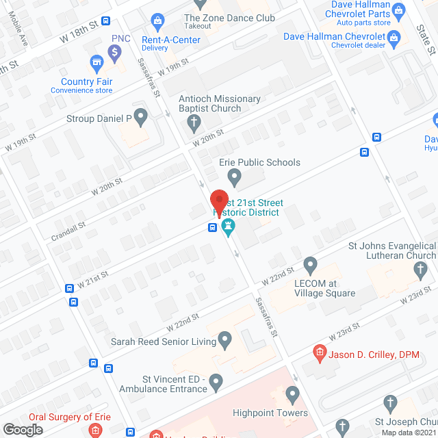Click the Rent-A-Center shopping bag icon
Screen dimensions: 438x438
tap(157, 21)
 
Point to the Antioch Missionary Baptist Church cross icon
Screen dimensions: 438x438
tap(194, 123)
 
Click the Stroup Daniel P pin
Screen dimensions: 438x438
tap(140, 118)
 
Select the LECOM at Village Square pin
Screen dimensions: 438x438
tap(311, 264)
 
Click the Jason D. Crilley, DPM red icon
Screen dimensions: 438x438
tap(319, 353)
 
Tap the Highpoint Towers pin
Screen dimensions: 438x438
tap(293, 395)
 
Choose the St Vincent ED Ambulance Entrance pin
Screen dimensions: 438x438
tap(216, 382)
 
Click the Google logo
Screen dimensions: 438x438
tap(23, 430)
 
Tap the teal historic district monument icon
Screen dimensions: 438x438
tap(229, 227)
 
